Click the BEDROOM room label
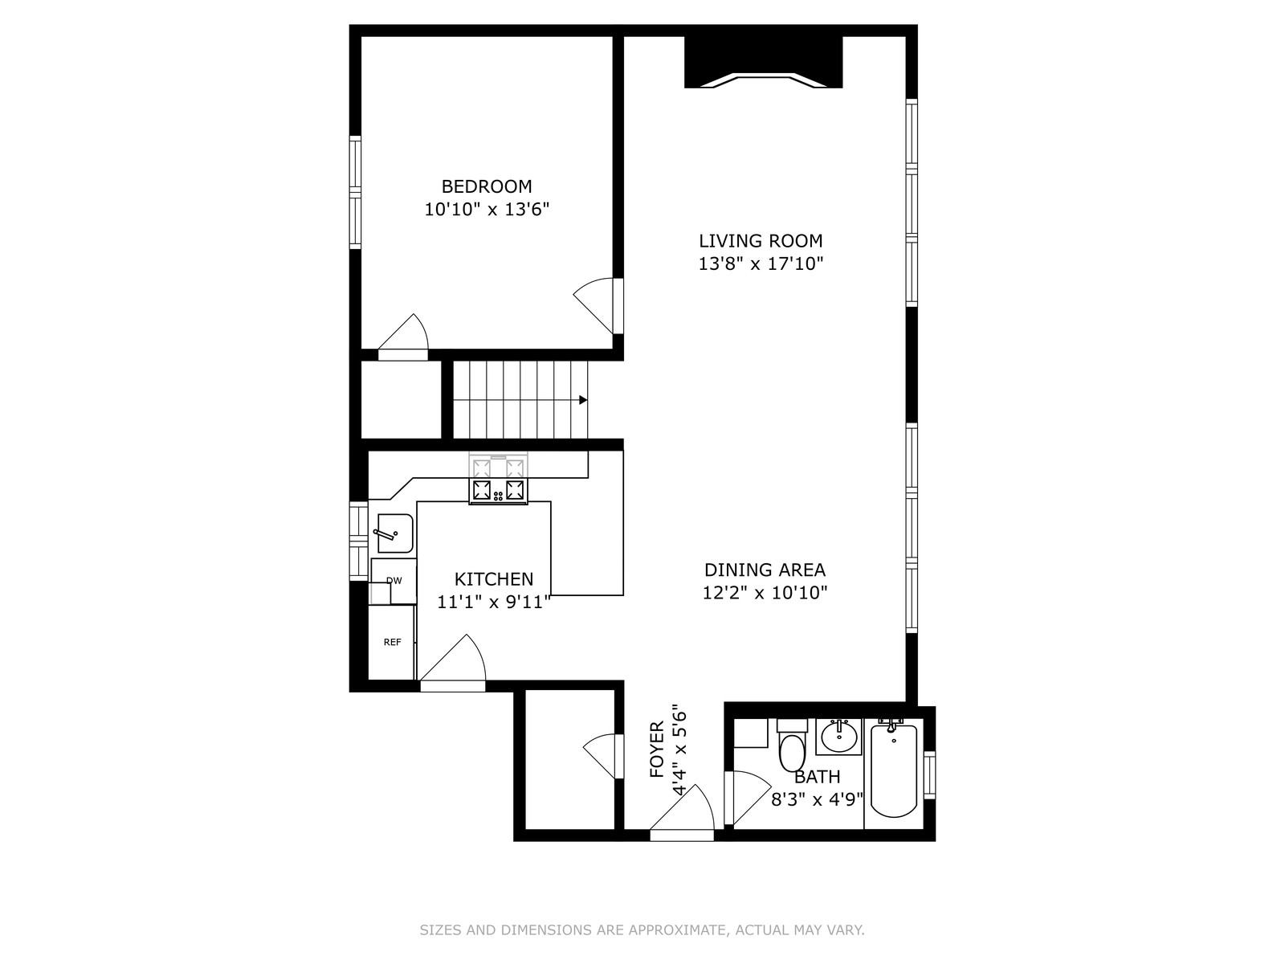pyautogui.click(x=487, y=186)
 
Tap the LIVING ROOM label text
pyautogui.click(x=761, y=240)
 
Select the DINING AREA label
pyautogui.click(x=765, y=570)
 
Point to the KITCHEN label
pyautogui.click(x=493, y=579)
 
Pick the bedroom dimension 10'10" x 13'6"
pyautogui.click(x=487, y=210)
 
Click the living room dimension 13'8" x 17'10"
pyautogui.click(x=761, y=264)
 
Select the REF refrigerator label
pyautogui.click(x=392, y=642)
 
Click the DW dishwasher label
pyautogui.click(x=394, y=581)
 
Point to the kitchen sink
pyautogui.click(x=394, y=533)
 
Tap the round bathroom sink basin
pyautogui.click(x=839, y=737)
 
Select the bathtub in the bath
pyautogui.click(x=893, y=771)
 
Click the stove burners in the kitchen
pyautogui.click(x=498, y=490)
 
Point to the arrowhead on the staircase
pyautogui.click(x=583, y=400)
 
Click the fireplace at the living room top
pyautogui.click(x=764, y=62)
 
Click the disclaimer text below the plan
pyautogui.click(x=642, y=929)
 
